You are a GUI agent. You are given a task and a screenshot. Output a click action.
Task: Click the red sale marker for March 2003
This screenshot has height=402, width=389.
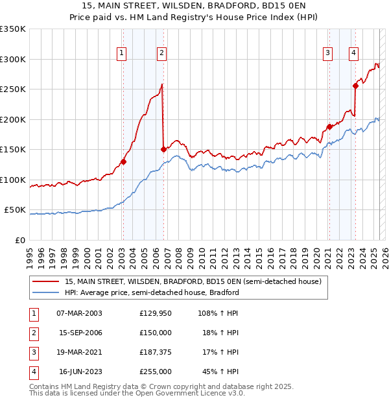click(123, 162)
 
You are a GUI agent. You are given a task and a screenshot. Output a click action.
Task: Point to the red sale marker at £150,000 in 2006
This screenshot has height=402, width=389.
click(163, 149)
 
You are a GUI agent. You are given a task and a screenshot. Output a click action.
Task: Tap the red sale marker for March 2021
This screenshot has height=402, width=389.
click(329, 127)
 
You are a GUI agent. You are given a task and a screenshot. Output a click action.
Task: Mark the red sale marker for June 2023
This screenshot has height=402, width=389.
click(355, 86)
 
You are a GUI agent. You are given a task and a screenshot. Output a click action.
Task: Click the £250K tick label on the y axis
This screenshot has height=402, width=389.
click(13, 89)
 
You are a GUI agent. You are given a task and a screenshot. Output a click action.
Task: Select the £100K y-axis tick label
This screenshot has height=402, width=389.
click(13, 180)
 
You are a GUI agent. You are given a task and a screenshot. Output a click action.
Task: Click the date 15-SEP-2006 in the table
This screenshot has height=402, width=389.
click(80, 333)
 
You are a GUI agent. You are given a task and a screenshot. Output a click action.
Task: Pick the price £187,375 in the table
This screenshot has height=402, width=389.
click(156, 352)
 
